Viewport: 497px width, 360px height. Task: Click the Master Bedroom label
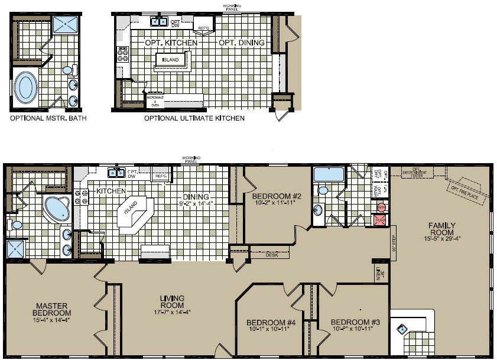coord(52,309)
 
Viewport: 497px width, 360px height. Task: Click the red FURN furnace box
coord(381,220)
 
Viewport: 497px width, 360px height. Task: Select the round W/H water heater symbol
coord(381,207)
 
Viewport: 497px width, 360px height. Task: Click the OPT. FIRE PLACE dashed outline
coord(467,188)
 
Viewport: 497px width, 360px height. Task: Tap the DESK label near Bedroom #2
coord(272,255)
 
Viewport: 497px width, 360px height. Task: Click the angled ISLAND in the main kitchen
coord(132,209)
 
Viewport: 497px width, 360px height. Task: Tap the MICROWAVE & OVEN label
coord(155,101)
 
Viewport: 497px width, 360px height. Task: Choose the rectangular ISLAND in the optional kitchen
coord(170,60)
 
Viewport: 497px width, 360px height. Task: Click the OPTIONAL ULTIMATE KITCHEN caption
coord(194,118)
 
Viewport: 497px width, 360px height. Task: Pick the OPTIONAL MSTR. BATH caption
coord(48,118)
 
